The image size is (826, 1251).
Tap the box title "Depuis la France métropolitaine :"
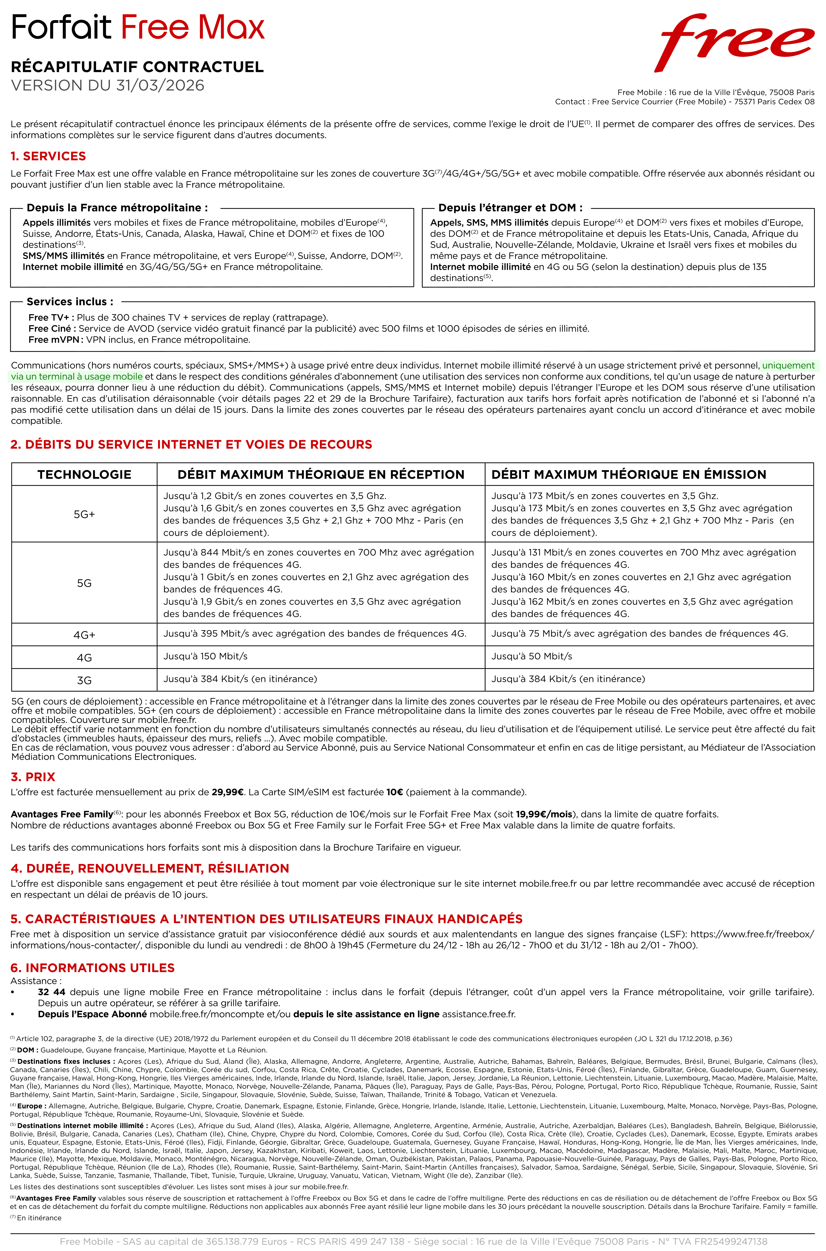pyautogui.click(x=117, y=208)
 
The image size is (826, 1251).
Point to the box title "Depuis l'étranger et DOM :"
pyautogui.click(x=510, y=208)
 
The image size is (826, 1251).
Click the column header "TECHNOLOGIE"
pyautogui.click(x=84, y=474)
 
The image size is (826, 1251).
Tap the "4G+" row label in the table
pyautogui.click(x=84, y=635)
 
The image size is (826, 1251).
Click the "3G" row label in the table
pyautogui.click(x=84, y=680)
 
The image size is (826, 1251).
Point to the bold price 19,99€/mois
pyautogui.click(x=544, y=814)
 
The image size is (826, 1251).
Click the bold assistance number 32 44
pyautogui.click(x=52, y=992)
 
